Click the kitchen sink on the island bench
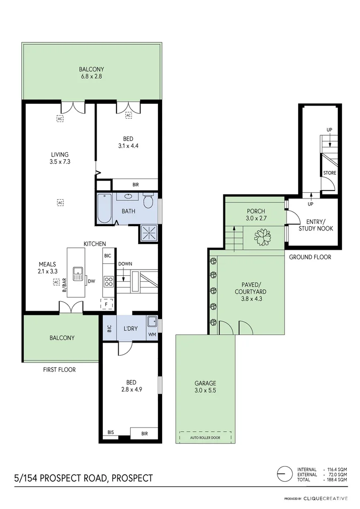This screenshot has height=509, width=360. (x=77, y=272)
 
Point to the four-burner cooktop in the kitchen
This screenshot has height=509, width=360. (x=108, y=282)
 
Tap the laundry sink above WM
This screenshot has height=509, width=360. (x=152, y=321)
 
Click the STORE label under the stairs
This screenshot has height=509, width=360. (x=329, y=173)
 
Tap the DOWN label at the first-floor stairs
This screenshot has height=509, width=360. (x=125, y=263)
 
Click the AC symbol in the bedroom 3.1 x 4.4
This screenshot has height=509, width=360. (x=128, y=115)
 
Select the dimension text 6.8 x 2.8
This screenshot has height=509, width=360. (x=91, y=77)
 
